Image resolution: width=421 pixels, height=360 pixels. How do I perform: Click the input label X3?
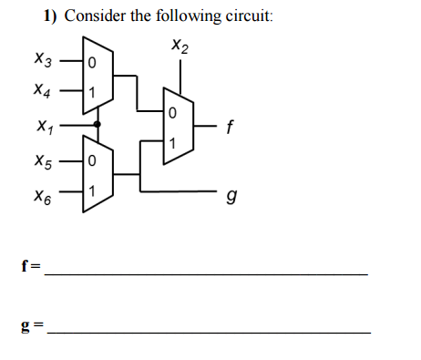[43, 62]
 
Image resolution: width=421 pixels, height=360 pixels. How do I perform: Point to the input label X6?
[43, 194]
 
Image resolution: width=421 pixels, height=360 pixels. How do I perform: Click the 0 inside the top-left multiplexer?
[90, 63]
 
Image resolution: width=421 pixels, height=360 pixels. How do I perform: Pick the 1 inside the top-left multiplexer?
[90, 92]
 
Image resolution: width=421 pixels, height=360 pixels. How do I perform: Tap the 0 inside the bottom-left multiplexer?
[90, 162]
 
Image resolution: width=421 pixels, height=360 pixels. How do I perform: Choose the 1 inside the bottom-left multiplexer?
[90, 191]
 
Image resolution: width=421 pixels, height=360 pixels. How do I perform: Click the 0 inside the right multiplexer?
[171, 113]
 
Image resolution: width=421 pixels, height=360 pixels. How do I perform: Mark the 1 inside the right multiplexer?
[171, 142]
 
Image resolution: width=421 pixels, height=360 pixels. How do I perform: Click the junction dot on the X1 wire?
[98, 124]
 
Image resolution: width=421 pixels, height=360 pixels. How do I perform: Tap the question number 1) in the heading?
[52, 15]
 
